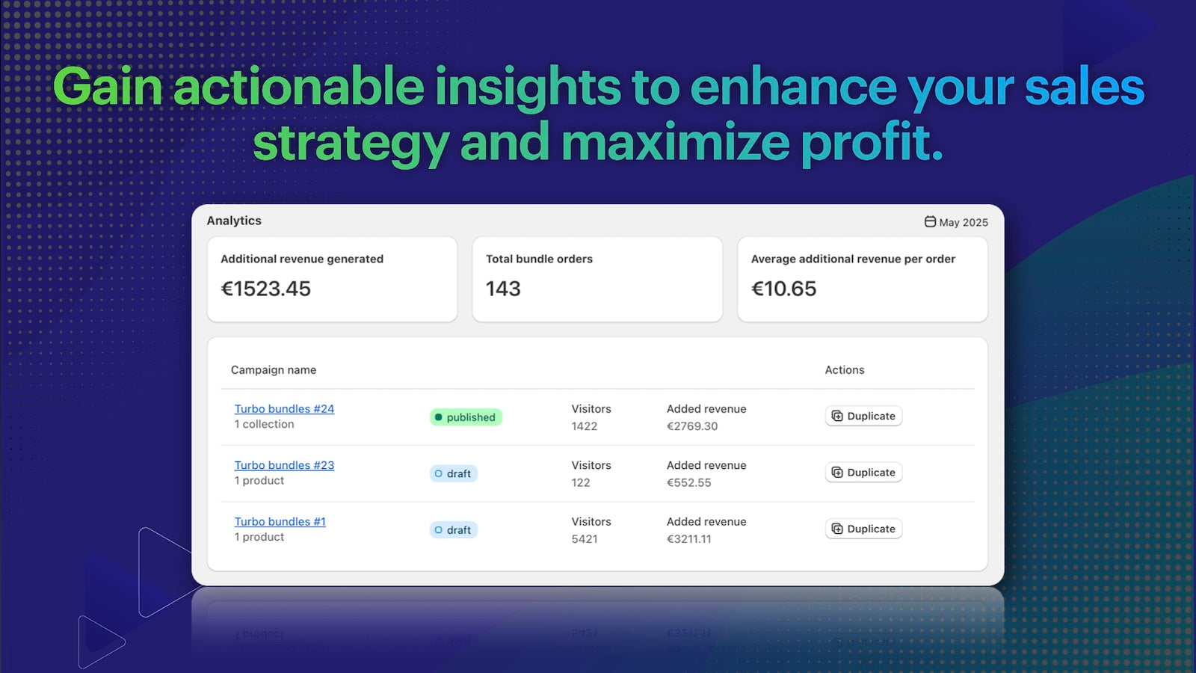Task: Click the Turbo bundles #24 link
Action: [x=284, y=408]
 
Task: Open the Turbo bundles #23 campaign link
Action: [x=284, y=465]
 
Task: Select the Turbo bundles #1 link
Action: [x=280, y=521]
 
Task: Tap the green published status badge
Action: [x=466, y=417]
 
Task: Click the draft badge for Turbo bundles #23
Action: [x=453, y=474]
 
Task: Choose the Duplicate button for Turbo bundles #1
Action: [x=863, y=529]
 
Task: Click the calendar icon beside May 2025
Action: [x=930, y=221]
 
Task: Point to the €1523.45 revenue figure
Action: [x=266, y=289]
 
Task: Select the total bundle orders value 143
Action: [x=503, y=289]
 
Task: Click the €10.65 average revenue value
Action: [x=784, y=289]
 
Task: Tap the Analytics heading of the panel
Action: [x=234, y=221]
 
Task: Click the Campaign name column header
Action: [x=274, y=370]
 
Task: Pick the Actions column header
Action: [x=844, y=370]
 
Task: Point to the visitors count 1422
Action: [x=584, y=426]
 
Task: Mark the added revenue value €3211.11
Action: [x=688, y=539]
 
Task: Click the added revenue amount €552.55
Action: [x=688, y=483]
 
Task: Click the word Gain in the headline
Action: [x=108, y=87]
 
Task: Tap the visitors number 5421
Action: [x=584, y=539]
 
